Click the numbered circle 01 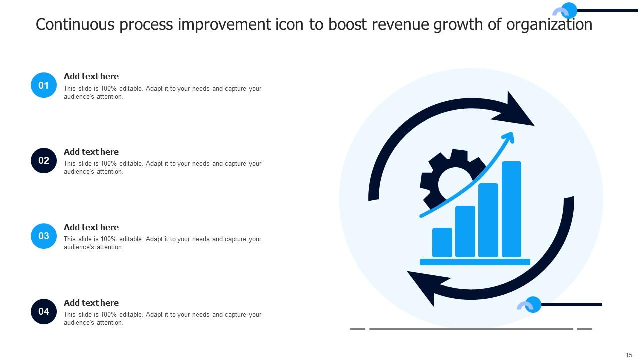point(44,85)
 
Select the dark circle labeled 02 point(44,160)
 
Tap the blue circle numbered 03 point(44,236)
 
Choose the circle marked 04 point(44,311)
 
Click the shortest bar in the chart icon point(442,243)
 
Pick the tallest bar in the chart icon point(511,209)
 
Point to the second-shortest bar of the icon point(465,232)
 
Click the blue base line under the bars point(475,262)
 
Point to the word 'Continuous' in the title point(75,24)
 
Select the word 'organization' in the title point(549,24)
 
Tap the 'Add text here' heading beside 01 point(91,76)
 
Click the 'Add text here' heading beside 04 point(91,303)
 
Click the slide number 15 point(629,355)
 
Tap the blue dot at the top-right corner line point(569,10)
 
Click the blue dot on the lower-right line point(533,304)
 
